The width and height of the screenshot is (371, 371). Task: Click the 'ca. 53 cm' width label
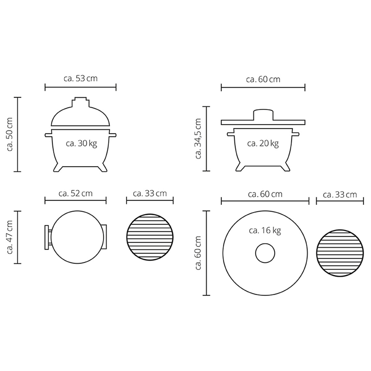click(80, 79)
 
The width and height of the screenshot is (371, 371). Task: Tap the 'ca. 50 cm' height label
click(10, 134)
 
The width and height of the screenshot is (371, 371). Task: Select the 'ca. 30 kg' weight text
click(81, 144)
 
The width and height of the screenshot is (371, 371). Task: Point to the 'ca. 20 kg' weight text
click(263, 144)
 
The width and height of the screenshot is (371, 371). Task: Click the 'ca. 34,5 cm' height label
click(198, 139)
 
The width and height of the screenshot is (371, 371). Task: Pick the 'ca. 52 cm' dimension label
click(75, 194)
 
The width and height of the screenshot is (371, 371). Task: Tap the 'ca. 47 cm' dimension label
click(10, 237)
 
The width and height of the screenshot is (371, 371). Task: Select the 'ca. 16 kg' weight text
click(265, 230)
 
